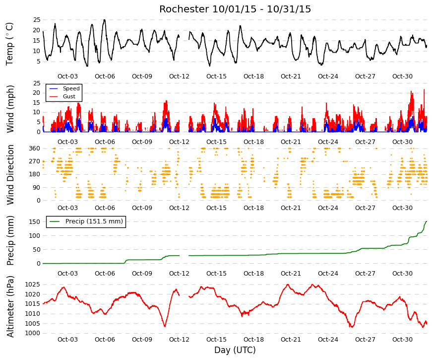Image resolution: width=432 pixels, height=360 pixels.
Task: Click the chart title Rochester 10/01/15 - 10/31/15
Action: click(x=235, y=9)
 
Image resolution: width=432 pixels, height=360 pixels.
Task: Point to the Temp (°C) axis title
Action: click(x=9, y=44)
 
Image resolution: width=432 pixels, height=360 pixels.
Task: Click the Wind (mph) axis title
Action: click(x=10, y=109)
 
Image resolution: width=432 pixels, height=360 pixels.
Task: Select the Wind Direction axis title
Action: click(x=10, y=175)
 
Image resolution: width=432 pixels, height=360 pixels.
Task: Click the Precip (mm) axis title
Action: click(x=10, y=240)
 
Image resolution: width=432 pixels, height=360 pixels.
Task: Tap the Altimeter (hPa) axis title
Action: click(x=10, y=306)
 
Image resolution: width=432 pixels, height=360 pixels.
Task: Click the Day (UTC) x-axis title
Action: click(x=235, y=350)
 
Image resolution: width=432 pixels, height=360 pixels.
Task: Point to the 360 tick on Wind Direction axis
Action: click(x=34, y=148)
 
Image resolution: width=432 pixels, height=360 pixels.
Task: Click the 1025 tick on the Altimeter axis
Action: click(x=33, y=285)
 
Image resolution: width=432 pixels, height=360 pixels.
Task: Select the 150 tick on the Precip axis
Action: click(x=34, y=222)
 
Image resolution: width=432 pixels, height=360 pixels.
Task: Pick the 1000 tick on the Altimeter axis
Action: click(x=33, y=333)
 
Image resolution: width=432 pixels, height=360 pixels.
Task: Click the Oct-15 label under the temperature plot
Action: click(x=216, y=76)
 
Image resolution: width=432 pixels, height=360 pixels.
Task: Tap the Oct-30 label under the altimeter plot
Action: click(x=402, y=340)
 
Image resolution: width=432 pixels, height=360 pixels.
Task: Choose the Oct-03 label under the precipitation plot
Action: click(x=67, y=274)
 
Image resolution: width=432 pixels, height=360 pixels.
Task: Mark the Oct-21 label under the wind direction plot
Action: click(x=291, y=208)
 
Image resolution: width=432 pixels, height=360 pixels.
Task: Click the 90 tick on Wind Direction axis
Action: click(x=37, y=188)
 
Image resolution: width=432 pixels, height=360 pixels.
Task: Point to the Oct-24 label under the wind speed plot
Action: click(x=328, y=142)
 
